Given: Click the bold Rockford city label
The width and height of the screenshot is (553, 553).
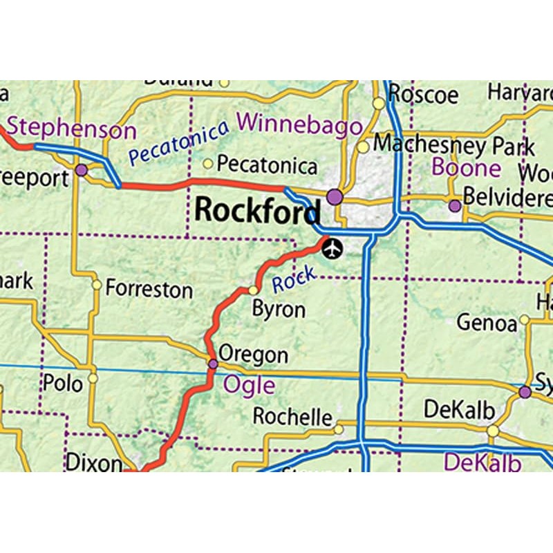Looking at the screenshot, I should click(257, 210).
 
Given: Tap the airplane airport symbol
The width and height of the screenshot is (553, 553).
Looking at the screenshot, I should click(332, 248).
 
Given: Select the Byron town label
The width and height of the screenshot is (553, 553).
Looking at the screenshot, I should click(279, 310).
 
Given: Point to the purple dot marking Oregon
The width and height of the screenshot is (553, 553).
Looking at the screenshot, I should click(213, 364).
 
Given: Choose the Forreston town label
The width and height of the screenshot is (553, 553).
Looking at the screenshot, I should click(149, 289).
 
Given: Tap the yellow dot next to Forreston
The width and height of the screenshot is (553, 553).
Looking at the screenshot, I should click(97, 285).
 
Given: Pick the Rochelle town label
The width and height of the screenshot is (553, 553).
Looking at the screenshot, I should click(292, 417).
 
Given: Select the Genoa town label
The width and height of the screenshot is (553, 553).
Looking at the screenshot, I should click(487, 323).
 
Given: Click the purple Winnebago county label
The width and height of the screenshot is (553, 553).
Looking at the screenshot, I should click(299, 124).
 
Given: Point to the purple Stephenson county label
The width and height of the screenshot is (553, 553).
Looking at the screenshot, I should click(72, 129).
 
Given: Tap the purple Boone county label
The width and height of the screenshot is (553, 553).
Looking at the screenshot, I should click(466, 167).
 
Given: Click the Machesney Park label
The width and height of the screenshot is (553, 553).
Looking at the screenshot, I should click(454, 145).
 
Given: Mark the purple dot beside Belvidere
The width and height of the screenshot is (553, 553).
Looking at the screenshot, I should click(454, 205).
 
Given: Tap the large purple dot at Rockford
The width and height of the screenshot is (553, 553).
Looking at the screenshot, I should click(335, 197).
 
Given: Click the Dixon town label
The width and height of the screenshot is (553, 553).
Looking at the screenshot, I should click(94, 462).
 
